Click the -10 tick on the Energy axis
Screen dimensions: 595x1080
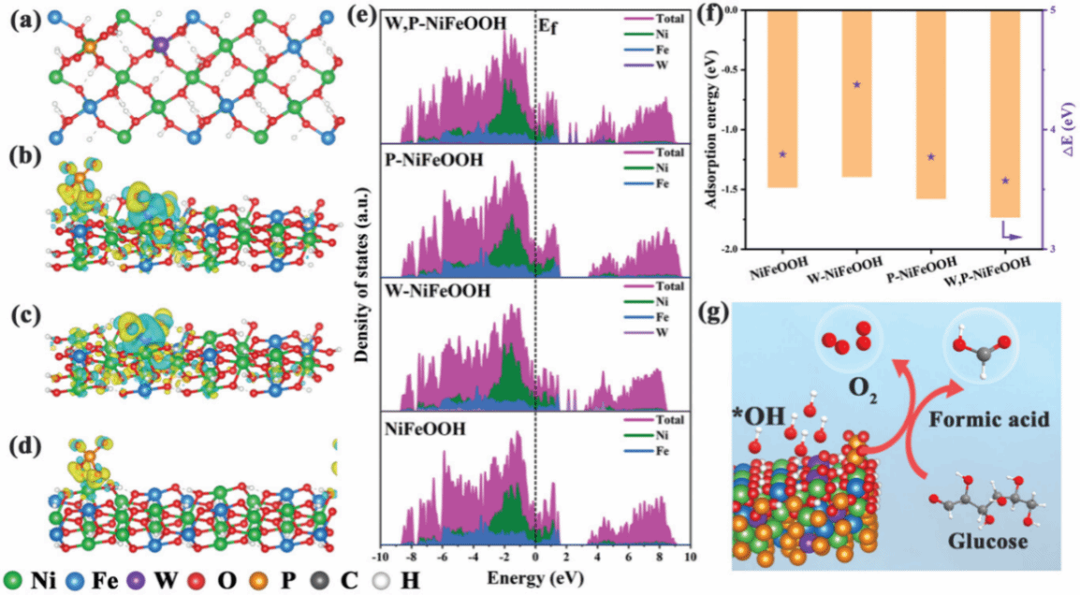click(x=379, y=557)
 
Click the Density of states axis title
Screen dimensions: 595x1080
click(x=361, y=281)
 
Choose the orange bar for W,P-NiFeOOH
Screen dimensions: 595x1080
click(x=1005, y=113)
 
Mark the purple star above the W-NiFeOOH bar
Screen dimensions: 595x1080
click(x=857, y=84)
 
